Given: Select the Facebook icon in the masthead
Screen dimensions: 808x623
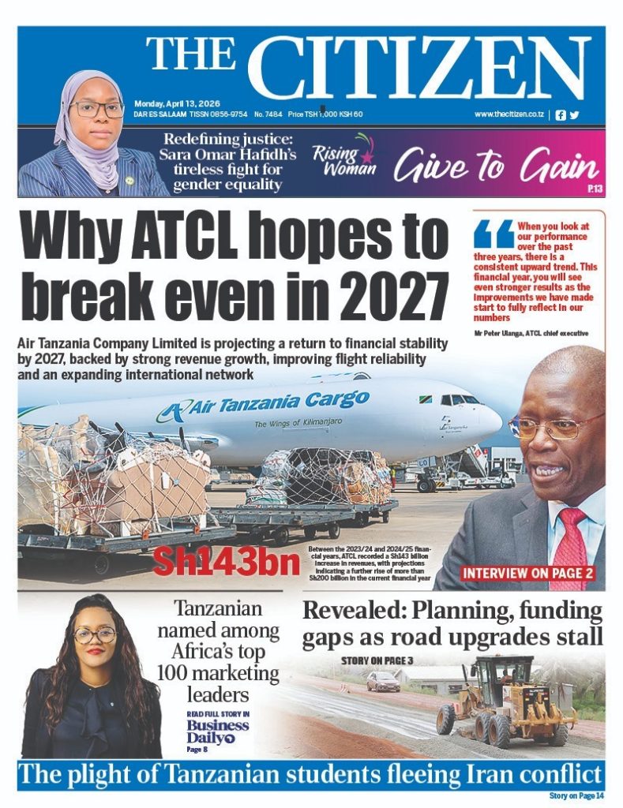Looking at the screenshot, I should pos(561,114).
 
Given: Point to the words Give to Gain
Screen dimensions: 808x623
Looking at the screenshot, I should pos(497,166).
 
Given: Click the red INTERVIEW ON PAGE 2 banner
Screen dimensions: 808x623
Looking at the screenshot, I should pos(528,573).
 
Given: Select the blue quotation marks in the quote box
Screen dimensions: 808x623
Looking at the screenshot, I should pos(494,234).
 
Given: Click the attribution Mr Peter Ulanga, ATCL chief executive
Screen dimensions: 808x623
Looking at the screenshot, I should pos(531,333).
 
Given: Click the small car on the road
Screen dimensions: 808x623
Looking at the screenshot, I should pos(382,681).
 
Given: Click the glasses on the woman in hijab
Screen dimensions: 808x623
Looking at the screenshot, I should pos(96,108).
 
